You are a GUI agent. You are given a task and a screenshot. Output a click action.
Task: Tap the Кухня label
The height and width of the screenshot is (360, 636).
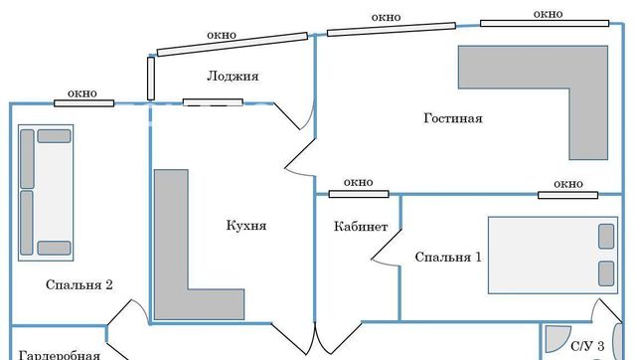point(246,226)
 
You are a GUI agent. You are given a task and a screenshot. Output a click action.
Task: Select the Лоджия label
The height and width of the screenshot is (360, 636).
point(233,77)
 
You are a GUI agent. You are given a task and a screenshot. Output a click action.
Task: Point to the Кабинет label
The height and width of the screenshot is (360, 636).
point(361,227)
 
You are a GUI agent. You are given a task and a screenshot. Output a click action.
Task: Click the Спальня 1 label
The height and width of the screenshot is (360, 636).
point(448,258)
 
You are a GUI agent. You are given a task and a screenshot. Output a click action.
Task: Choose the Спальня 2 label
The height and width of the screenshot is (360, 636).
point(79,285)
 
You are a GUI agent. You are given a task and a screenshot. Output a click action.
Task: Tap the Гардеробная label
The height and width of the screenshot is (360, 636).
point(61,354)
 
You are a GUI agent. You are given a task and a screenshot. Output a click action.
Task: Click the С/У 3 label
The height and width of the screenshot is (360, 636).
point(585,347)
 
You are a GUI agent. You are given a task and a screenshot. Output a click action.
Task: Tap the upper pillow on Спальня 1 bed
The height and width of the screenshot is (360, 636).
point(605,237)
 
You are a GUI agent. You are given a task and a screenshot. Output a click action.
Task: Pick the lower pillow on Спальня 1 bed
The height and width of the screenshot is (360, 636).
point(605,271)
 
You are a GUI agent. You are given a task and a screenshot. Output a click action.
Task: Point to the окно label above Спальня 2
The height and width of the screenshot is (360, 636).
point(81,93)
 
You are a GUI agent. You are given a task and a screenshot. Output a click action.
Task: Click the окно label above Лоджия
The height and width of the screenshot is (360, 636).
point(222,35)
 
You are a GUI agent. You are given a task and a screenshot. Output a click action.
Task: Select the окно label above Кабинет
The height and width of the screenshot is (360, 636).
point(358,182)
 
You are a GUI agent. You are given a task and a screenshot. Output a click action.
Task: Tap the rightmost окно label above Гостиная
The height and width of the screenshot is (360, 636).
point(548,14)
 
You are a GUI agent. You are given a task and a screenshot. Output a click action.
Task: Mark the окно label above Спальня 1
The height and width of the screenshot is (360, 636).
point(567,184)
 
